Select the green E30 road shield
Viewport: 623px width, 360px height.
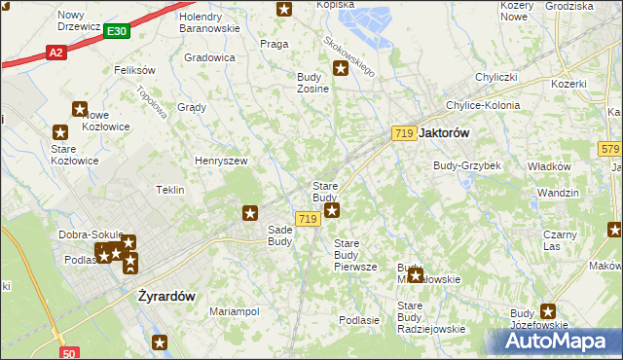click(117, 32)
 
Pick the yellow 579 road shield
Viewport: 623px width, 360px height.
click(610, 149)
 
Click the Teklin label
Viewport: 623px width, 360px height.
click(170, 190)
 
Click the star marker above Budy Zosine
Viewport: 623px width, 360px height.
click(341, 68)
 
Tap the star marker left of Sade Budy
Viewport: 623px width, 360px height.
click(250, 212)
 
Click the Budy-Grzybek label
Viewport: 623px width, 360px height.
click(467, 165)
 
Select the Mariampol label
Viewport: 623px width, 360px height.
click(235, 311)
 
